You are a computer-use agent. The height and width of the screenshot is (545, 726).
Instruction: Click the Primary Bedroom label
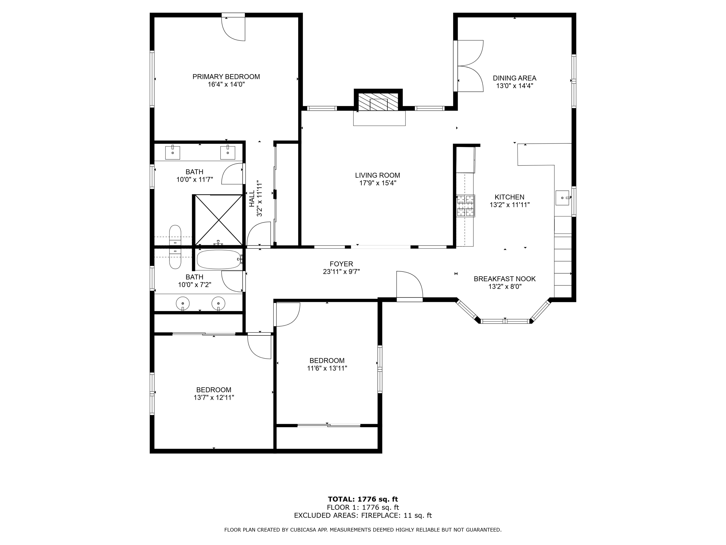point(226,77)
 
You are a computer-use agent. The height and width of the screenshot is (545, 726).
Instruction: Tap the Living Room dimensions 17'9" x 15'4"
point(378,183)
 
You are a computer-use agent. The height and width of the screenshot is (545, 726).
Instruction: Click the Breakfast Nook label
point(505,279)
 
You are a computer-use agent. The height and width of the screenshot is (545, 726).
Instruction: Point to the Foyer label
point(341,264)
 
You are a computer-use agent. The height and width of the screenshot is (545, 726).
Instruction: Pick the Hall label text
point(252,199)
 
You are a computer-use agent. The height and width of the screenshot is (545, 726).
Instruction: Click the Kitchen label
point(509,197)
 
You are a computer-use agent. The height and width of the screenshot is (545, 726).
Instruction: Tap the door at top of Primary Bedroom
point(233,27)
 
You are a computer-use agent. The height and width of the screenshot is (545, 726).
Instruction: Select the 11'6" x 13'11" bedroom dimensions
point(327,368)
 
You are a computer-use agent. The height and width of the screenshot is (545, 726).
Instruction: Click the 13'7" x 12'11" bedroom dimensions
point(214,397)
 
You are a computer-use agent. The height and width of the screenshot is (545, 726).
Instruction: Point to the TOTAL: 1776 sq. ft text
point(363,499)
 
